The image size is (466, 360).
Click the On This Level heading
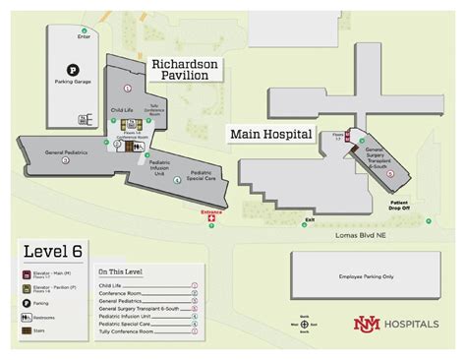(119, 270)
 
